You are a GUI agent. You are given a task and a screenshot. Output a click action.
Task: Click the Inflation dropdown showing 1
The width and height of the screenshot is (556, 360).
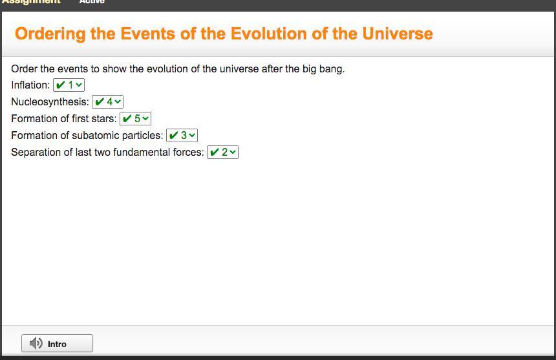69,85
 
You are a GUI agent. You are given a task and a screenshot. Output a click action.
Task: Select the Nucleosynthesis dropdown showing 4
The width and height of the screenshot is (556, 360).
107,101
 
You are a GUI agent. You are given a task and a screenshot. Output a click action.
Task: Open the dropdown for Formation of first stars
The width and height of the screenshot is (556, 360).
136,118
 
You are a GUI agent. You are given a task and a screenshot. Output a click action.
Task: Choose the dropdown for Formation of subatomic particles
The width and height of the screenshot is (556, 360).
182,135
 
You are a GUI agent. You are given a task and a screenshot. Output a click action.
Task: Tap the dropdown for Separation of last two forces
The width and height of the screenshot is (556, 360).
222,152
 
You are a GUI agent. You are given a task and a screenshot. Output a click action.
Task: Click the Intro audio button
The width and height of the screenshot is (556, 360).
57,343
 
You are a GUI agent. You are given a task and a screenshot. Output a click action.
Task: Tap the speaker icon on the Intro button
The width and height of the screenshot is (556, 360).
36,343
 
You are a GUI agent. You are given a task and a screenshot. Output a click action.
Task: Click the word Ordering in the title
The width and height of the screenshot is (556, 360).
50,34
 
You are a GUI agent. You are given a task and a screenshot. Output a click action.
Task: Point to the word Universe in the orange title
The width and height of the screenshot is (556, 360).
398,34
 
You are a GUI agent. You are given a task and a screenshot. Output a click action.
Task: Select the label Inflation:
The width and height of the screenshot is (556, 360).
30,85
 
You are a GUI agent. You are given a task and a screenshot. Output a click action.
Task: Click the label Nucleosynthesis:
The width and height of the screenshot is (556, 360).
50,102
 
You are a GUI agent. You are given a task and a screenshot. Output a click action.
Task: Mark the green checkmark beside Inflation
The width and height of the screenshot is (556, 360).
61,85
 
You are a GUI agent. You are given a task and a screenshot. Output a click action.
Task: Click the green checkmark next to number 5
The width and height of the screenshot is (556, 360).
127,118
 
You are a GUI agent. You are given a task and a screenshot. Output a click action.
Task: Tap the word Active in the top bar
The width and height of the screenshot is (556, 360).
92,2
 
